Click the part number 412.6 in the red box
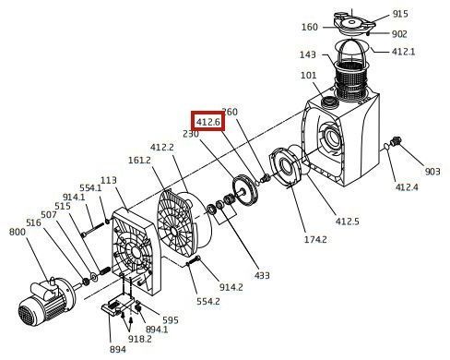tap(208, 122)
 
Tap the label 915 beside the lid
tap(400, 14)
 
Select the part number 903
tap(432, 171)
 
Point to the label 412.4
tap(407, 186)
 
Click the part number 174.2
tap(315, 239)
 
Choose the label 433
tap(262, 275)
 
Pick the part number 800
tap(18, 232)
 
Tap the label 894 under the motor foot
tap(118, 349)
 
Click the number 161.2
tap(139, 160)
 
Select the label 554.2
tap(208, 301)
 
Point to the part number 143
tap(308, 54)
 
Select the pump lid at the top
tap(353, 22)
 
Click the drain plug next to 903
tap(396, 141)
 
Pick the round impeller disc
tap(245, 190)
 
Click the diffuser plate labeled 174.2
tap(285, 167)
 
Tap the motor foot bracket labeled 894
tap(118, 306)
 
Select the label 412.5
tap(347, 221)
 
